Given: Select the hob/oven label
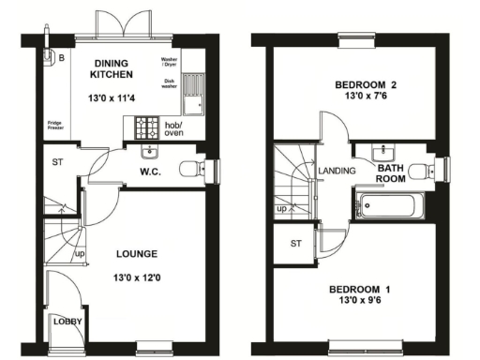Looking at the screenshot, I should [173, 128].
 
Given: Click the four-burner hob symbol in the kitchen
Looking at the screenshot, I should [148, 126].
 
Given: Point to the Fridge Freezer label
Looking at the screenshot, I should [57, 127].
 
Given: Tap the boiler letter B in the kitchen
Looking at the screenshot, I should [62, 56].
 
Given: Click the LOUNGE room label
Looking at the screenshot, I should [136, 254].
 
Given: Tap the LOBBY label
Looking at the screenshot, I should [67, 322].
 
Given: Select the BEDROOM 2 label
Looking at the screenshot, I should [367, 85].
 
